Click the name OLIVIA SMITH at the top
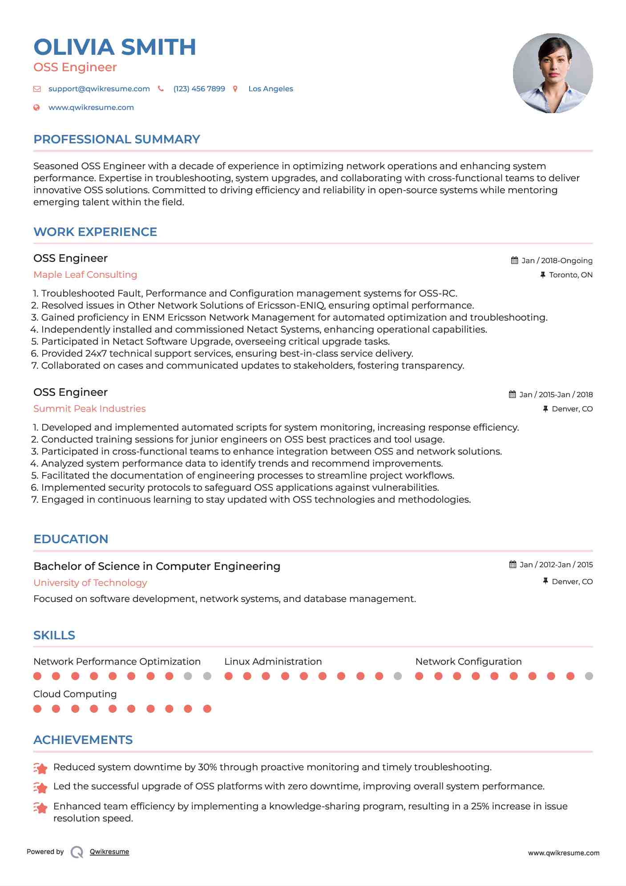[115, 47]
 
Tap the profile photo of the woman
[553, 73]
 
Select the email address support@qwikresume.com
[99, 89]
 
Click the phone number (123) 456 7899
[199, 89]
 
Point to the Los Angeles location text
[271, 89]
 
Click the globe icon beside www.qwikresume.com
[37, 107]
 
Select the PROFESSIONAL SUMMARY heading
[117, 139]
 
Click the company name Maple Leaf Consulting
[85, 275]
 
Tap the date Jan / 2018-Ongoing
[557, 260]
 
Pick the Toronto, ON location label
[570, 275]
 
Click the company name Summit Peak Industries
[89, 409]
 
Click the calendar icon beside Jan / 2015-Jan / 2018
[513, 394]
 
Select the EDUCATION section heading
[71, 539]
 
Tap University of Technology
[90, 583]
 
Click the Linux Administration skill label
[273, 662]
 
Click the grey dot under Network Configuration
[589, 676]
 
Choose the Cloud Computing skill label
[75, 694]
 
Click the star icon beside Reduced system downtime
[40, 768]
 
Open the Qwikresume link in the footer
[109, 852]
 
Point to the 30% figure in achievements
[207, 767]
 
